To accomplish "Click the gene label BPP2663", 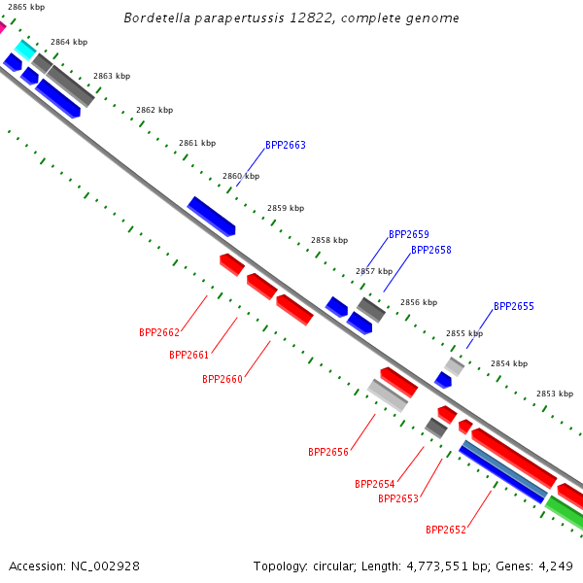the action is point(286,145).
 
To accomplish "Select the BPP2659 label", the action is point(409,234).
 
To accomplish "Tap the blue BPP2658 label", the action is point(431,250).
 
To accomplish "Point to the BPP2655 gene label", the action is point(514,306).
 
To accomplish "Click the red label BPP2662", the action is point(159,332).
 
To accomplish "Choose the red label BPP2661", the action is point(189,355).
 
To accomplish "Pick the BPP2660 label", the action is point(223,379).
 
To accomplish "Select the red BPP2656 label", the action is point(328,452).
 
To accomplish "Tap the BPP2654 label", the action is point(375,484).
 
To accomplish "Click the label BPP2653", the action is point(398,498).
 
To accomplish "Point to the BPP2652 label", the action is point(446,530).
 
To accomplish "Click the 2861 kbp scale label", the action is point(197,143).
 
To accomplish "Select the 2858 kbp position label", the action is point(329,240).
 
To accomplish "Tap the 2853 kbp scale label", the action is point(555,394).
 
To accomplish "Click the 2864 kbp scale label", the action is point(69,42).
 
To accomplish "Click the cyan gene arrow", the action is point(25,50).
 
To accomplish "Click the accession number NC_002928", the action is point(105,566).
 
